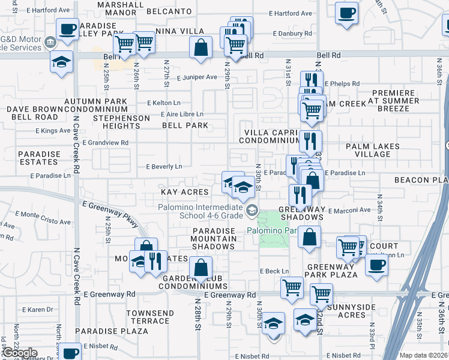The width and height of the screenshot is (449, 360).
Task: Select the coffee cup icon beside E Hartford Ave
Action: pos(346,14)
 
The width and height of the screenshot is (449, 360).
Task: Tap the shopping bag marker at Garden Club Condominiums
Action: pos(201,268)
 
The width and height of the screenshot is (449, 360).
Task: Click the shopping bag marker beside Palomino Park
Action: pos(309,237)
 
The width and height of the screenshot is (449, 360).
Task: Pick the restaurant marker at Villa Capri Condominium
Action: pos(310,142)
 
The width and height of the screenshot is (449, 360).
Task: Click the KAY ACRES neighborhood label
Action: pos(184,192)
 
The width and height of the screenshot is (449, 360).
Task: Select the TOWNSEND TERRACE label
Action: pos(150,317)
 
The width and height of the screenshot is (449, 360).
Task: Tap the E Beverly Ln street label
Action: pos(164,167)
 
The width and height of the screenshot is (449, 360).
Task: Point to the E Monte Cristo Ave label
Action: pos(39,214)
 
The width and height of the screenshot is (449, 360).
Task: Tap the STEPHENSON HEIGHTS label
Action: pos(121,122)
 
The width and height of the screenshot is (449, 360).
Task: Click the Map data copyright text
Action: pos(423,355)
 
